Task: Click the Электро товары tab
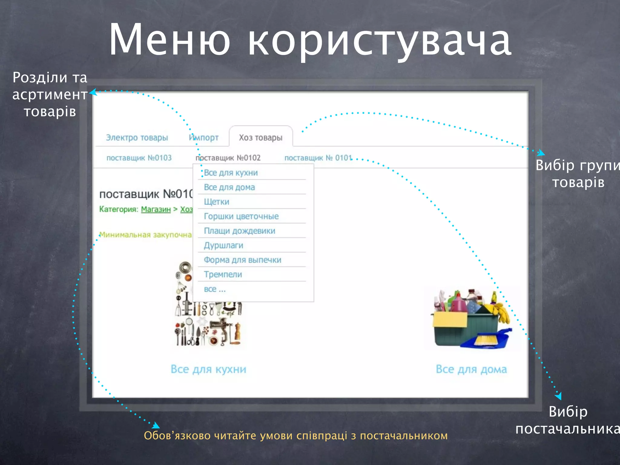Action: [x=137, y=138]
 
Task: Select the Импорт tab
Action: [x=204, y=138]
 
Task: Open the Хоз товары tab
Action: [x=260, y=138]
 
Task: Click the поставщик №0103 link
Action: [x=139, y=158]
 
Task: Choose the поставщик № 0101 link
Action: [x=318, y=158]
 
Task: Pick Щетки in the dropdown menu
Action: [x=216, y=202]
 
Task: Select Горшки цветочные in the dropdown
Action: [x=241, y=216]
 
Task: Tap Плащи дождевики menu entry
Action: [x=239, y=231]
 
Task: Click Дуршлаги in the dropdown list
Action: [x=223, y=245]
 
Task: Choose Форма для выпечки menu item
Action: [x=242, y=260]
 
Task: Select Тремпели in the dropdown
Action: [x=223, y=274]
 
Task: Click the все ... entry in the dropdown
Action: [x=215, y=289]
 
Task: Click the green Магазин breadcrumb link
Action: [x=156, y=209]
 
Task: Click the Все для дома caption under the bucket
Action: [x=471, y=369]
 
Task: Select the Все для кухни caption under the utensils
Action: [x=208, y=369]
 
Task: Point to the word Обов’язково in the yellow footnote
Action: [x=177, y=436]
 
